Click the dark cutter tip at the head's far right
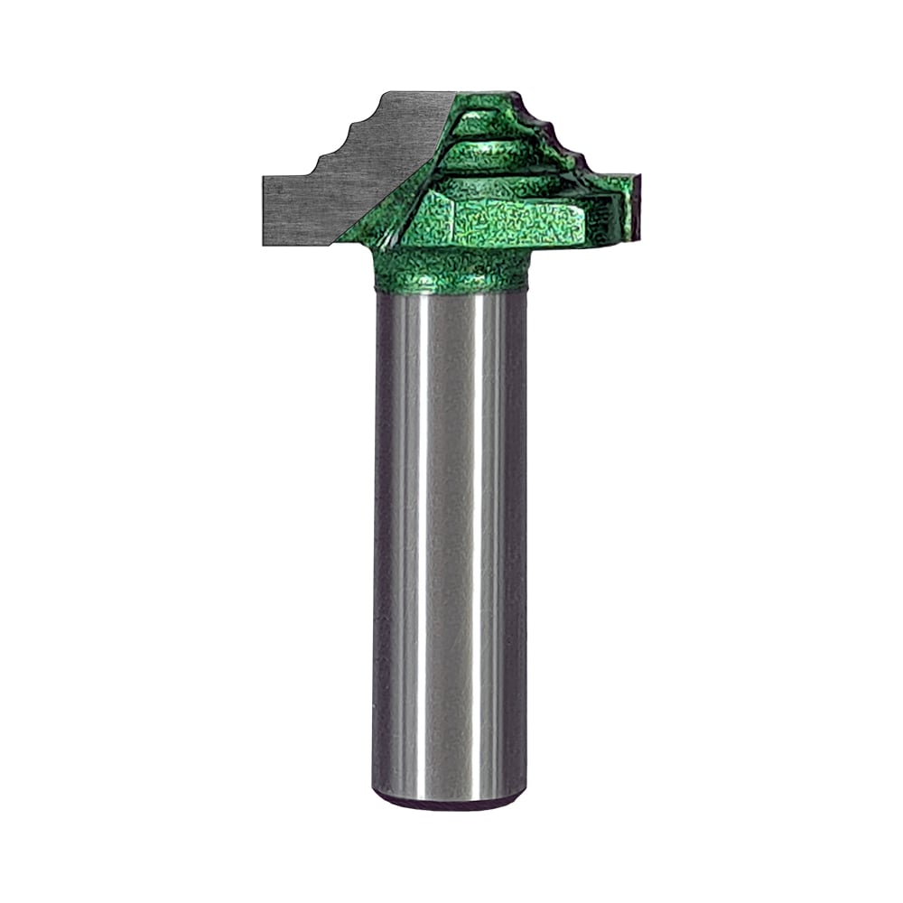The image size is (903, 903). click(x=635, y=208)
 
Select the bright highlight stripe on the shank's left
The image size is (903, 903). click(x=411, y=542)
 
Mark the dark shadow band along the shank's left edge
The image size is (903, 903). click(x=381, y=542)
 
